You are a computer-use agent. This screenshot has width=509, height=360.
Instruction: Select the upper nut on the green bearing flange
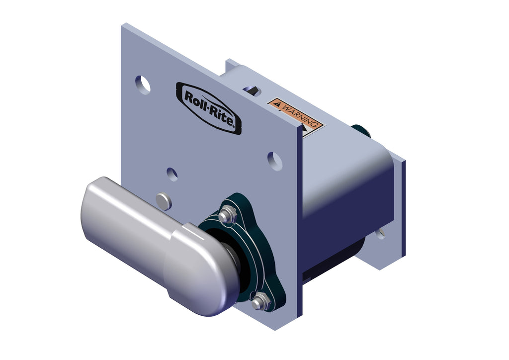227,214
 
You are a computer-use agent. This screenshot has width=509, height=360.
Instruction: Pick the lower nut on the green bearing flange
259,301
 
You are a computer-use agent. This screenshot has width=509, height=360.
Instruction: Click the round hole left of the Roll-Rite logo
142,85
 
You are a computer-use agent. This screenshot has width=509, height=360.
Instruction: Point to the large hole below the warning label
274,161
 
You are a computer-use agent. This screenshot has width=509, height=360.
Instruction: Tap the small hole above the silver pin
172,174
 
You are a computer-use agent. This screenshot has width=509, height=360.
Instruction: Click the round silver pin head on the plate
163,201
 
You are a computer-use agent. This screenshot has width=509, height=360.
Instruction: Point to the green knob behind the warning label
362,131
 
